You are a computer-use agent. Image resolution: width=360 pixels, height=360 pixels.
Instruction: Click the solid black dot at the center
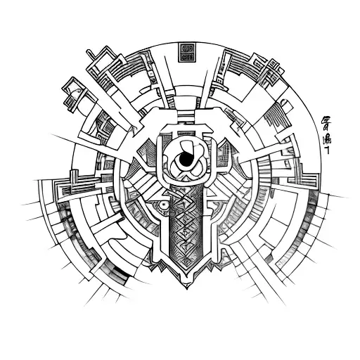[185, 161]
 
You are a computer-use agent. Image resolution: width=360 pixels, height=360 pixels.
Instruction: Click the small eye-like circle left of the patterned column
[162, 206]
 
